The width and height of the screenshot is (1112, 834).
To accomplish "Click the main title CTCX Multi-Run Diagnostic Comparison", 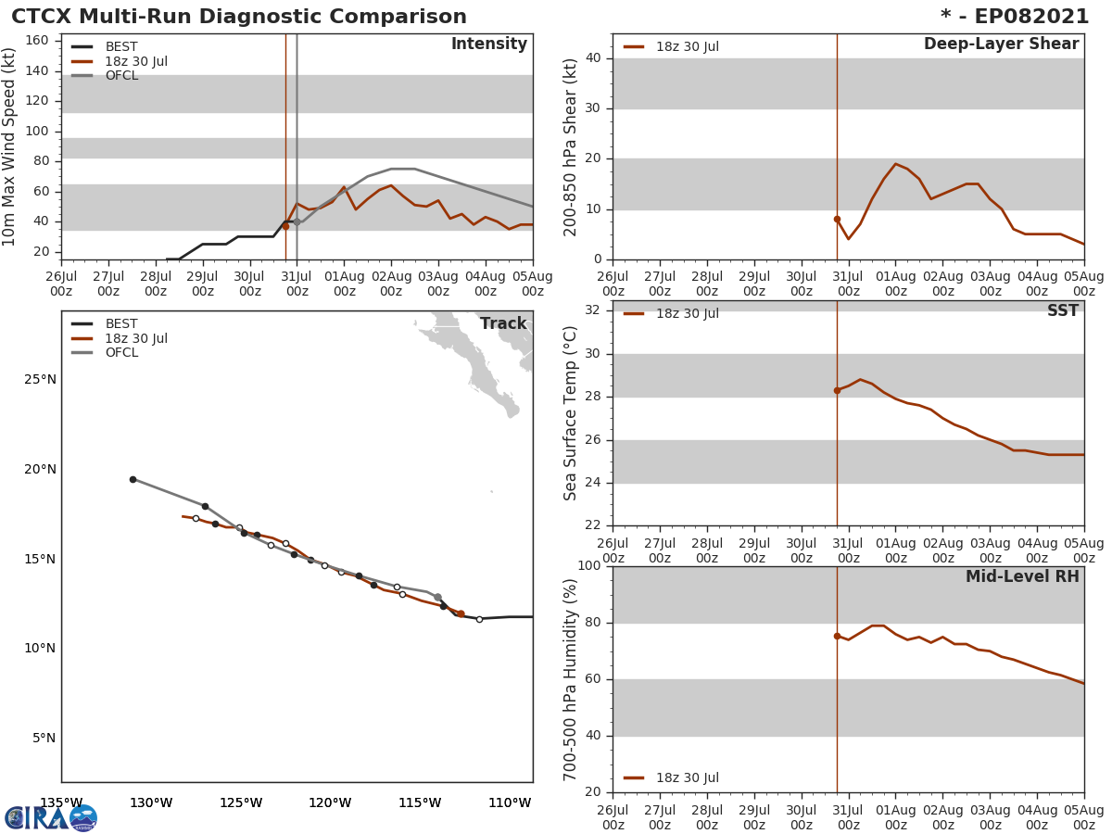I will coord(239,17).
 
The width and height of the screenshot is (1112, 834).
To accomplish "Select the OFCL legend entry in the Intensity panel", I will coord(121,76).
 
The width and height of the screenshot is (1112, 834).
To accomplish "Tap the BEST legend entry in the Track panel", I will coord(121,324).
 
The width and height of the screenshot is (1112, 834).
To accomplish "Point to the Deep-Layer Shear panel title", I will coord(1001,44).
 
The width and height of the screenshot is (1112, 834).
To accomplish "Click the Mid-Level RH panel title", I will coord(1022,576).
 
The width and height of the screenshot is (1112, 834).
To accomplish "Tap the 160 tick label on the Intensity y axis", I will coord(37,40).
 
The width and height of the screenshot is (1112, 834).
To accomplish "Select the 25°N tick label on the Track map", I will coord(40,379).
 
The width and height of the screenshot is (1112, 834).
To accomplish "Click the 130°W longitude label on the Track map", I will coord(151,802).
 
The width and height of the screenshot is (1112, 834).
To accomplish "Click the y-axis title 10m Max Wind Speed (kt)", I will coord(10,146).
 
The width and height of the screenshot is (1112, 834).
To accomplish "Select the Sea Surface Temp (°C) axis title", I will coord(572,413).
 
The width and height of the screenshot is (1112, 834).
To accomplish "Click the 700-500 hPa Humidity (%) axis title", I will coord(572,679).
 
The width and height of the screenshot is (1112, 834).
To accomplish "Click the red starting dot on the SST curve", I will coord(837,390).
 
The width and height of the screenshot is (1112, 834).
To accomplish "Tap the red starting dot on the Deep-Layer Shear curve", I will coord(837,220).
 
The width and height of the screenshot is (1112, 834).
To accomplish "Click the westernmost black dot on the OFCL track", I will coord(133,479).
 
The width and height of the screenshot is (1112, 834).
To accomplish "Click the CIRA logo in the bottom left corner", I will coord(51,817).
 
